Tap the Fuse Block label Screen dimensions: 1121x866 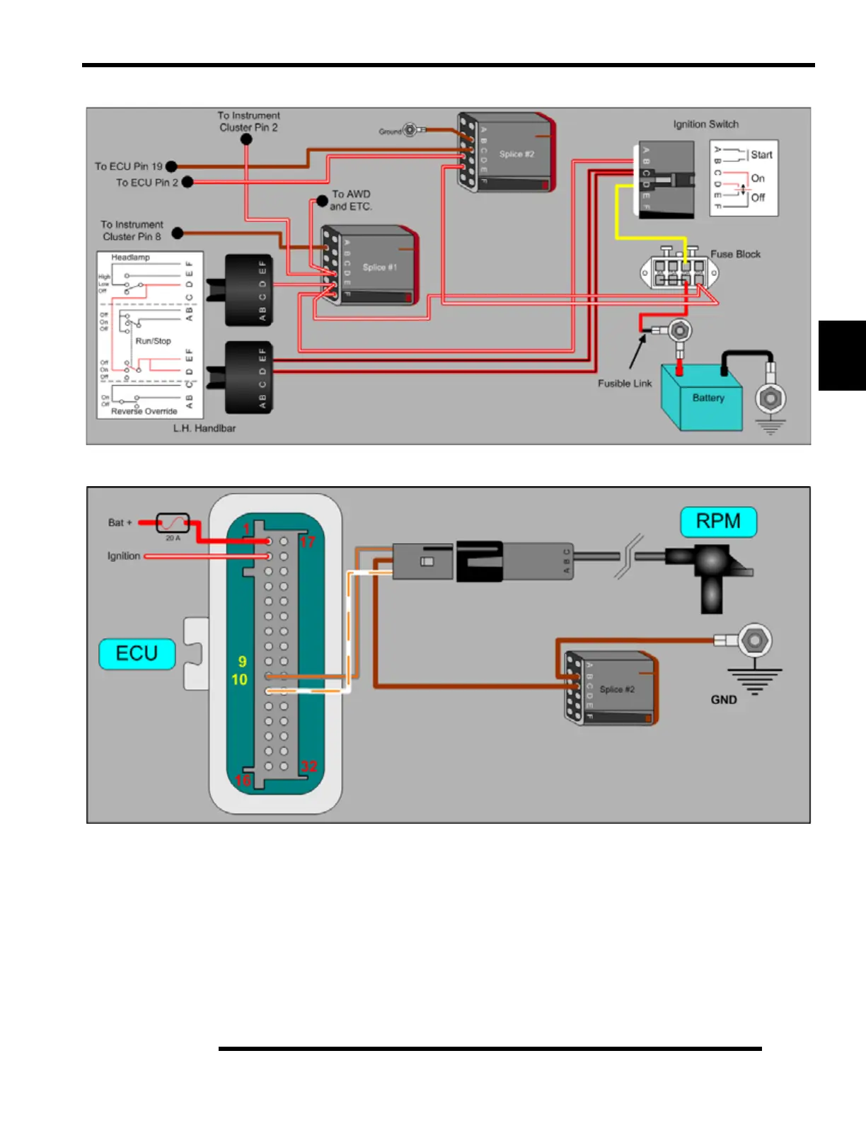pyautogui.click(x=735, y=254)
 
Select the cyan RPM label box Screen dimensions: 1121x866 pyautogui.click(x=718, y=522)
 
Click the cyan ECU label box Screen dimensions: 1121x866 pyautogui.click(x=137, y=653)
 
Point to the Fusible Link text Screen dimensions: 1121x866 pyautogui.click(x=624, y=384)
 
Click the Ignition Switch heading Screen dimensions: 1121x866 pyautogui.click(x=705, y=124)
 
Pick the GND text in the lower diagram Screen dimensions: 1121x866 pyautogui.click(x=724, y=700)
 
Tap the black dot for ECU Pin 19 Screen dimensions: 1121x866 pyautogui.click(x=171, y=167)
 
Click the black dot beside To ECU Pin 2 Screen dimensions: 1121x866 pyautogui.click(x=187, y=183)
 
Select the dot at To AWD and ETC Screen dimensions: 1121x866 pyautogui.click(x=322, y=201)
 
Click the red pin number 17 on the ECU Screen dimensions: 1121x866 pyautogui.click(x=307, y=542)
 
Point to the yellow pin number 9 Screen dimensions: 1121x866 pyautogui.click(x=242, y=662)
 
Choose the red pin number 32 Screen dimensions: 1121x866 pyautogui.click(x=309, y=766)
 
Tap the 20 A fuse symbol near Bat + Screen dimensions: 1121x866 pyautogui.click(x=173, y=523)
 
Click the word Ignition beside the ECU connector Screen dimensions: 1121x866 pyautogui.click(x=124, y=556)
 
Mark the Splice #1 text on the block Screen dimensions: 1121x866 pyautogui.click(x=379, y=268)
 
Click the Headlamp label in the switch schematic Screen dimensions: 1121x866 pyautogui.click(x=130, y=258)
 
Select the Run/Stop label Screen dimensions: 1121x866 pyautogui.click(x=153, y=341)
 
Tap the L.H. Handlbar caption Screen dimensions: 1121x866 pyautogui.click(x=204, y=428)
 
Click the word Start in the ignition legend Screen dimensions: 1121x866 pyautogui.click(x=761, y=155)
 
